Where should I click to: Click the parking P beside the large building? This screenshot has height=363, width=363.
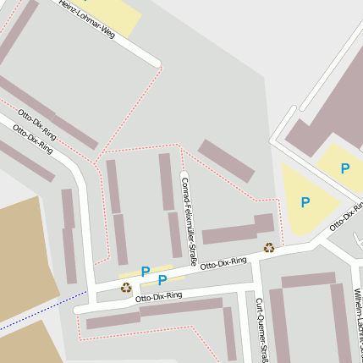(x=344, y=168)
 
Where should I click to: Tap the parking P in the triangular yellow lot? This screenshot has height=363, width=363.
(x=305, y=202)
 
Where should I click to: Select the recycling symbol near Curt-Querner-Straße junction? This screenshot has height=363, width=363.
(x=269, y=248)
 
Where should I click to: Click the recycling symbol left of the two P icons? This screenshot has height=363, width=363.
(x=126, y=287)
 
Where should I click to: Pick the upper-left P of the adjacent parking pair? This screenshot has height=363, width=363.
(x=146, y=272)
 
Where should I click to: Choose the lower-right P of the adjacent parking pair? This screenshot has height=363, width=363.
(x=162, y=279)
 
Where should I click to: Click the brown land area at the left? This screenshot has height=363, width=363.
(x=25, y=254)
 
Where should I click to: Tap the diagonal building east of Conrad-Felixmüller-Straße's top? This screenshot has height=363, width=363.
(x=226, y=161)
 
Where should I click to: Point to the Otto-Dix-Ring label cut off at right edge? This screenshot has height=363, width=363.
(x=347, y=217)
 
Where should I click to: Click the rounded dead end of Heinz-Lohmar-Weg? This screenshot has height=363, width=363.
(x=156, y=63)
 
